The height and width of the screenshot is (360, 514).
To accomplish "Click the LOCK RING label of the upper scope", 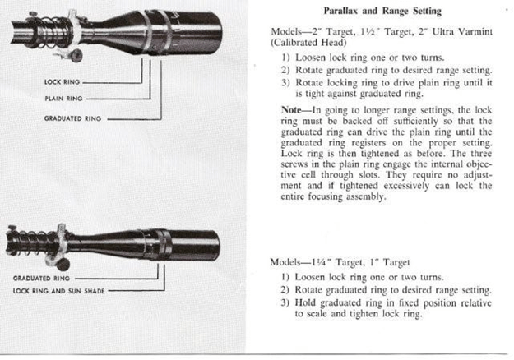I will (x=61, y=82).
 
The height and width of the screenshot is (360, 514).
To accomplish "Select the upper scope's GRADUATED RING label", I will (x=72, y=118).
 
